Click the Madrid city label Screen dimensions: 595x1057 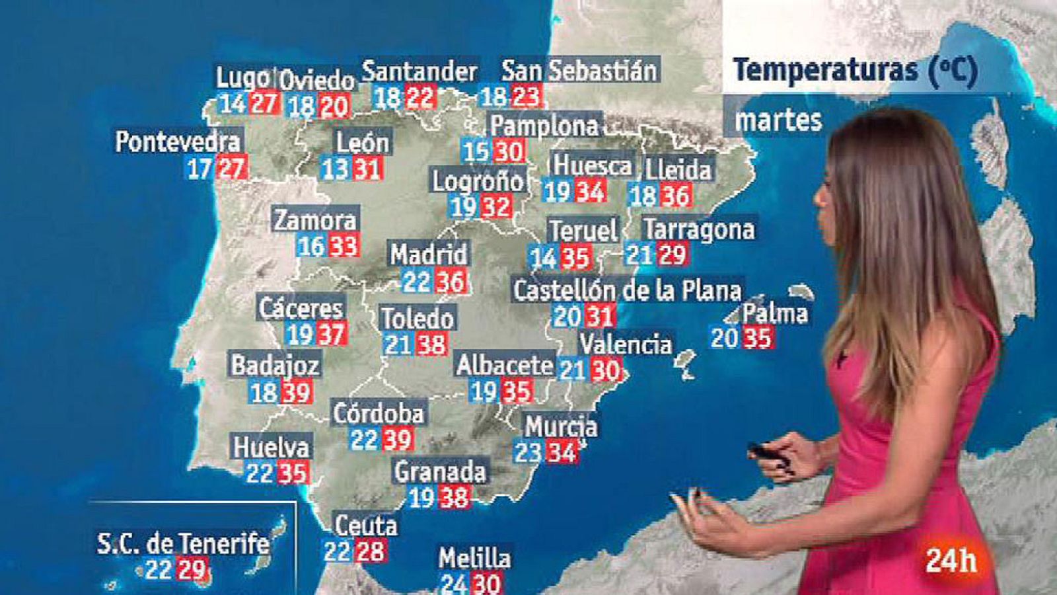tap(428, 255)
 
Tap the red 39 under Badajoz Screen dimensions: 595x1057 tap(296, 393)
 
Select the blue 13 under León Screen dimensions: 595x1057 tap(335, 169)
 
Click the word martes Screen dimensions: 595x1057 tap(778, 120)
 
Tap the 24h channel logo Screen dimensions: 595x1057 tap(951, 561)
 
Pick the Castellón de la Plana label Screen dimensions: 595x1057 tap(628, 290)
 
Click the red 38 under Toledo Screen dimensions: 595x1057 tap(431, 344)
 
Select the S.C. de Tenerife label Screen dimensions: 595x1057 tap(183, 543)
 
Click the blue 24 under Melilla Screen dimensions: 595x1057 tap(454, 584)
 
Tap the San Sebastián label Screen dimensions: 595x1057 tap(579, 71)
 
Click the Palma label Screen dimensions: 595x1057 tap(775, 313)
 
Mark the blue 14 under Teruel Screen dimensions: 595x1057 tap(544, 257)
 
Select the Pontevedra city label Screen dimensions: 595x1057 tap(178, 141)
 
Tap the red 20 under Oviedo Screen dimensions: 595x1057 tap(334, 106)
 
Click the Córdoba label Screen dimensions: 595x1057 tap(379, 413)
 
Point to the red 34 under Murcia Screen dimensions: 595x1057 tap(562, 453)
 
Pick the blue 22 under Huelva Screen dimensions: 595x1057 tap(260, 473)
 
